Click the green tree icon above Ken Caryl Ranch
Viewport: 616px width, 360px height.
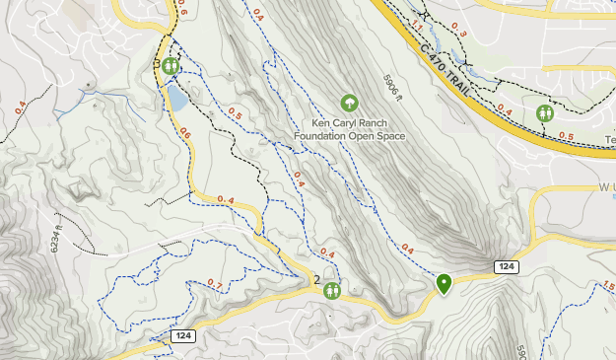348,103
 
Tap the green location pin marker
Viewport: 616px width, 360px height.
445,284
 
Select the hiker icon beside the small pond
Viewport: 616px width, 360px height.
171,66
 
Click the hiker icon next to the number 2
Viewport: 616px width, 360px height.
331,291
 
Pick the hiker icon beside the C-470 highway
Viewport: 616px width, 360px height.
545,113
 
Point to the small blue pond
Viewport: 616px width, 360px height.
177,97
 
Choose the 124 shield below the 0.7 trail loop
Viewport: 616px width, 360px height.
181,336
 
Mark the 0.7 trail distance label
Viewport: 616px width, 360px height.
215,285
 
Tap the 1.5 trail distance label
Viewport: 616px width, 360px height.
607,286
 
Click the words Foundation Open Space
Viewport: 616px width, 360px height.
351,136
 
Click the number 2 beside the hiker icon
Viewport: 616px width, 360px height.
316,281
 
